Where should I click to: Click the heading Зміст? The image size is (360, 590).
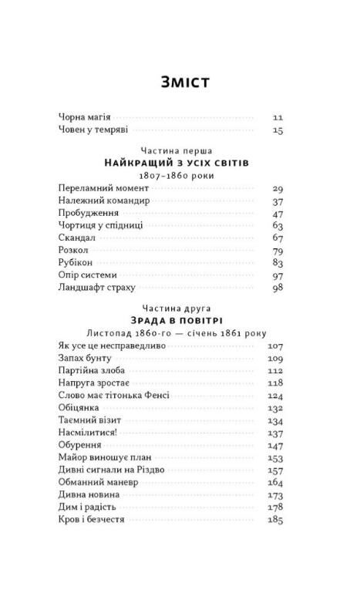[182, 82]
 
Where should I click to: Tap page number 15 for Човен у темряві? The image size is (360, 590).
[278, 130]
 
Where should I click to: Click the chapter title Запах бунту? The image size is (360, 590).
[85, 359]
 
